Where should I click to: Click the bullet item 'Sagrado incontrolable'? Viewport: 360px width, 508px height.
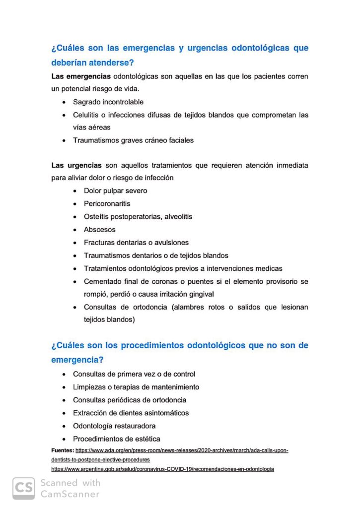108,102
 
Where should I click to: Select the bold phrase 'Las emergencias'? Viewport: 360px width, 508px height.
81,77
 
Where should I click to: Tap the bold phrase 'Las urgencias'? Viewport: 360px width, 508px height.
76,165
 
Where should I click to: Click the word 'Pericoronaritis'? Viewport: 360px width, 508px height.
107,204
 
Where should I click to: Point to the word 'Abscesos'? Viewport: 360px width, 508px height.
99,230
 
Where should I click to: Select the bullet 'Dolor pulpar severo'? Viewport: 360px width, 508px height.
115,191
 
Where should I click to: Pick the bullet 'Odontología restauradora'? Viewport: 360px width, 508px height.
114,426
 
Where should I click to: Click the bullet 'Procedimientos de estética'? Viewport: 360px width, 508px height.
116,439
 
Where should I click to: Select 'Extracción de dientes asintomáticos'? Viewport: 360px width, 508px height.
131,413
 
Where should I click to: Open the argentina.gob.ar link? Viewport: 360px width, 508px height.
162,469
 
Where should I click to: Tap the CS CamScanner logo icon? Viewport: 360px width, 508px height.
24,488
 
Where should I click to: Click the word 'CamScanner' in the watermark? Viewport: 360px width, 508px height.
70,494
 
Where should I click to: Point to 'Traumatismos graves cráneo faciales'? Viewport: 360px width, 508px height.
133,140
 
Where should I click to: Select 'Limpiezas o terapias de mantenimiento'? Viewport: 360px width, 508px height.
136,387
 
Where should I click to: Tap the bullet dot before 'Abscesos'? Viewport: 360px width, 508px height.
74,230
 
